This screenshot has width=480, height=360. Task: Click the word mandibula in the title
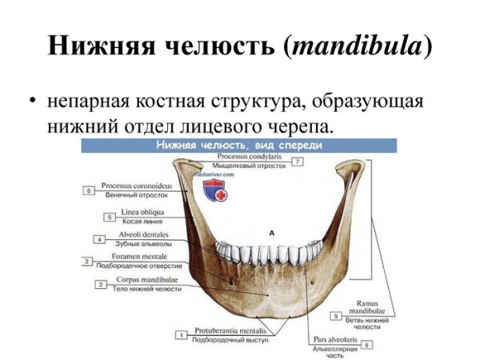point(355,46)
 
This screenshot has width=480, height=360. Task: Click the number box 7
point(297,162)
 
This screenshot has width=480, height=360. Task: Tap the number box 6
point(89,190)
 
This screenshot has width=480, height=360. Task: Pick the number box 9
point(337,315)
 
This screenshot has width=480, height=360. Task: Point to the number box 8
point(366,345)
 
